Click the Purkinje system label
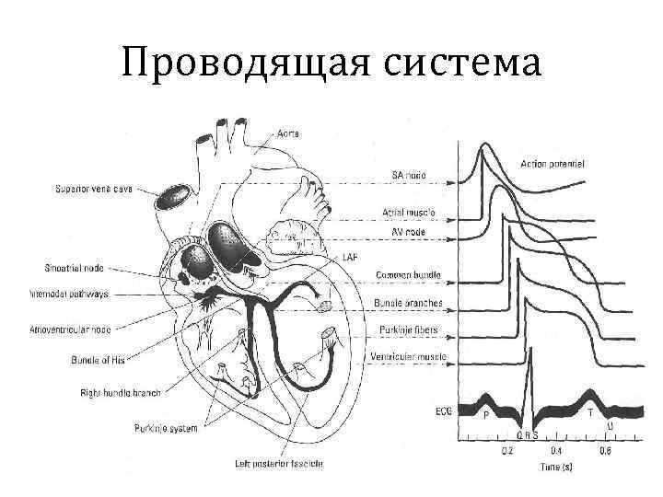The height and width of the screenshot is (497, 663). [x=166, y=428]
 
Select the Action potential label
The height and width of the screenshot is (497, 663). [x=552, y=164]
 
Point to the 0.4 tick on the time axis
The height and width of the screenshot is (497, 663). [x=556, y=451]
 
